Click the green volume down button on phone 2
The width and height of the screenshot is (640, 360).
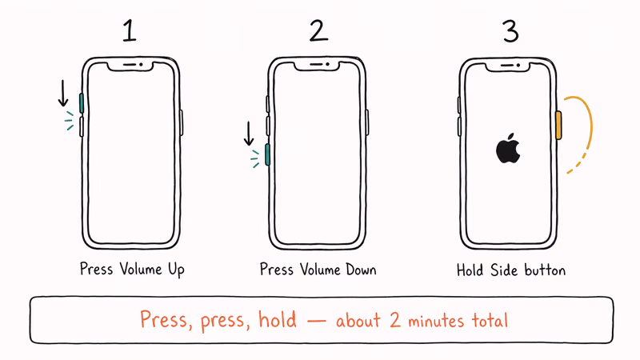(267, 154)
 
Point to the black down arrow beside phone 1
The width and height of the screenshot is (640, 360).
(63, 94)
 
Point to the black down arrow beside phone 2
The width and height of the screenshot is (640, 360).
(249, 134)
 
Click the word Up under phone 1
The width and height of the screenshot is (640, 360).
(174, 270)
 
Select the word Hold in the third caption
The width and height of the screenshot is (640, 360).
(471, 270)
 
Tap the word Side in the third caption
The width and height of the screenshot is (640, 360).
(505, 270)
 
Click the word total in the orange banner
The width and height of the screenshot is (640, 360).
(487, 322)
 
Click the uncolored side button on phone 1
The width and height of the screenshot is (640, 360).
(182, 122)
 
